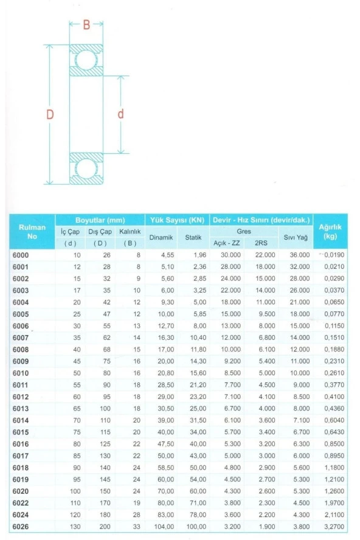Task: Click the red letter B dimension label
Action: (x=86, y=26)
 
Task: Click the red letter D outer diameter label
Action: (x=50, y=114)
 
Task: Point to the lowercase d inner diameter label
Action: (x=121, y=114)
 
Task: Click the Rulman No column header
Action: (x=33, y=231)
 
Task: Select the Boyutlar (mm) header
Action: (x=100, y=220)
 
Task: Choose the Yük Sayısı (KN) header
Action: (x=176, y=220)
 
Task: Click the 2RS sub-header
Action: (x=261, y=243)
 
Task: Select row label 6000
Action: (x=21, y=255)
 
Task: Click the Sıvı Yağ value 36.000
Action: (x=300, y=255)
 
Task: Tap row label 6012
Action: (x=21, y=396)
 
